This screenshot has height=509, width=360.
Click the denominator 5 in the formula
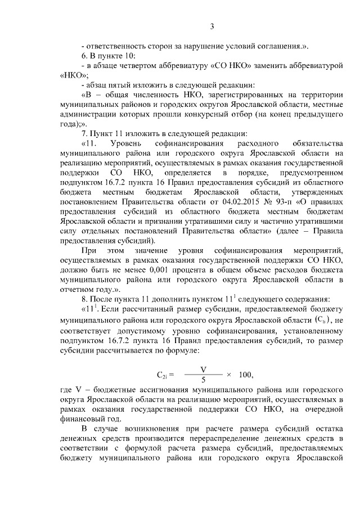203,380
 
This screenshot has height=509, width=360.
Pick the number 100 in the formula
246,375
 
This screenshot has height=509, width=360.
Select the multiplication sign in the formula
228,375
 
